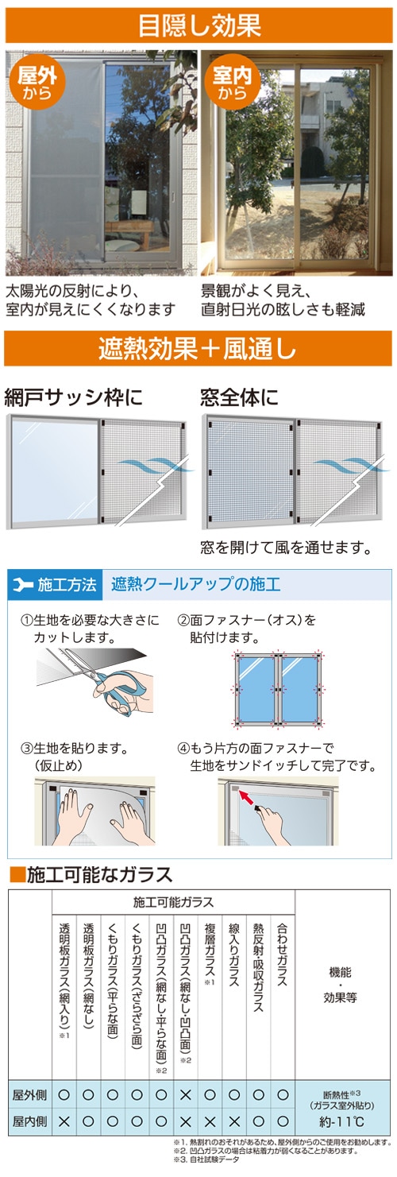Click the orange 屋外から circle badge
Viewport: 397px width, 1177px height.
pyautogui.click(x=37, y=82)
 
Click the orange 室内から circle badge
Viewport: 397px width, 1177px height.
pyautogui.click(x=232, y=82)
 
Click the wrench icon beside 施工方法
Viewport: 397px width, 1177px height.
pyautogui.click(x=24, y=584)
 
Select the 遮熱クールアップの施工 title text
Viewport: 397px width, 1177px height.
pyautogui.click(x=195, y=584)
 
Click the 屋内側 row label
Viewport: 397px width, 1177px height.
pyautogui.click(x=29, y=1121)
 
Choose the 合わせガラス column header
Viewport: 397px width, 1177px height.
pyautogui.click(x=283, y=954)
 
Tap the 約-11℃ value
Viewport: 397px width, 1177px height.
pyautogui.click(x=341, y=1122)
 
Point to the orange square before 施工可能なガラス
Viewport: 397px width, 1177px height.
pyautogui.click(x=17, y=874)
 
